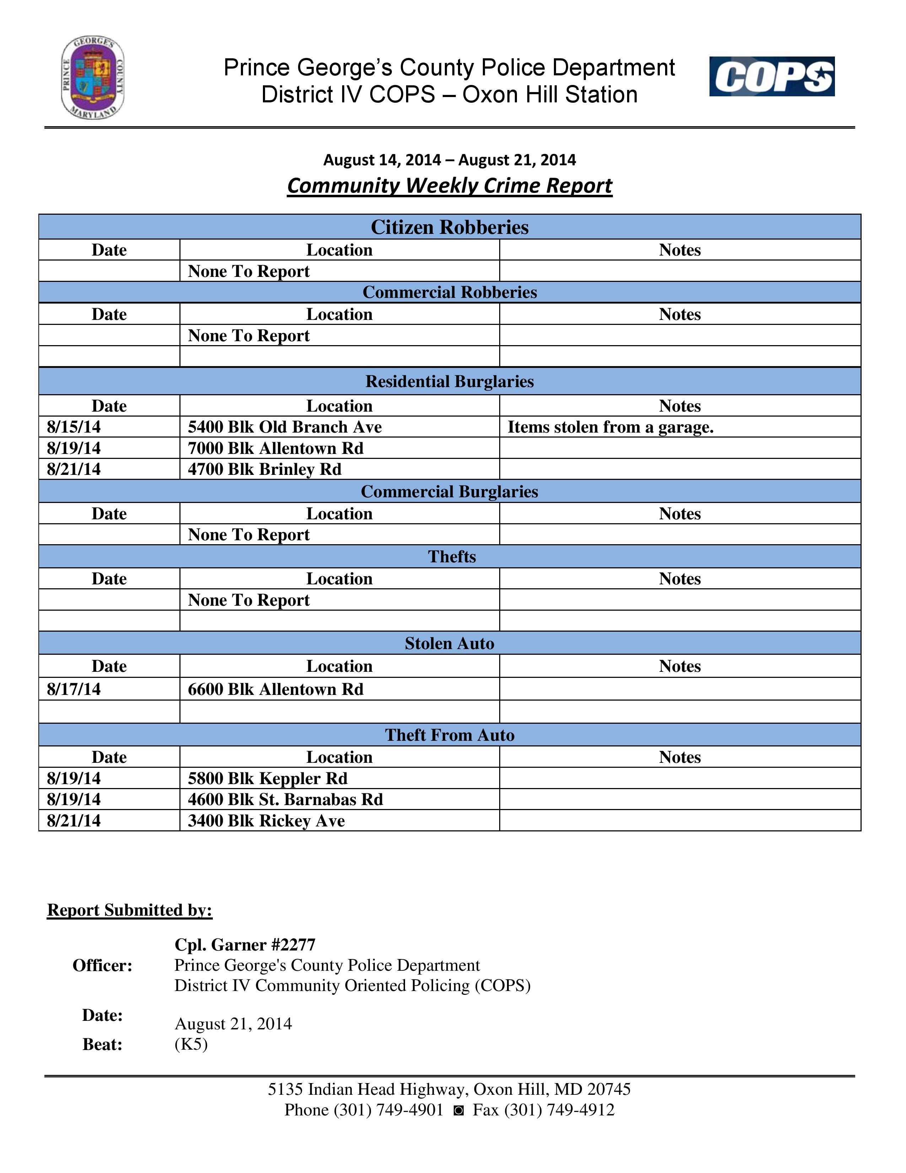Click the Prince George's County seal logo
pyautogui.click(x=93, y=79)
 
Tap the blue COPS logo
pyautogui.click(x=771, y=76)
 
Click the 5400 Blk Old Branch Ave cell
pyautogui.click(x=285, y=427)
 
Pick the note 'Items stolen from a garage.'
pyautogui.click(x=610, y=427)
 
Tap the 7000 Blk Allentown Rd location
pyautogui.click(x=275, y=448)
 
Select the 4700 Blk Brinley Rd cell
pyautogui.click(x=265, y=469)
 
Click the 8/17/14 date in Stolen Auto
pyautogui.click(x=74, y=689)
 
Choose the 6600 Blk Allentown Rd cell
pyautogui.click(x=275, y=689)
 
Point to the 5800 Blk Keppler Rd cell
pyautogui.click(x=267, y=778)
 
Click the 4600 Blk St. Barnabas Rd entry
pyautogui.click(x=285, y=799)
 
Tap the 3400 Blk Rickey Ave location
pyautogui.click(x=266, y=821)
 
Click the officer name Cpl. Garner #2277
pyautogui.click(x=245, y=944)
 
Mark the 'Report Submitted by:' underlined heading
pyautogui.click(x=130, y=910)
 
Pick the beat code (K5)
pyautogui.click(x=191, y=1044)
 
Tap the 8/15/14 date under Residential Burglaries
pyautogui.click(x=74, y=427)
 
